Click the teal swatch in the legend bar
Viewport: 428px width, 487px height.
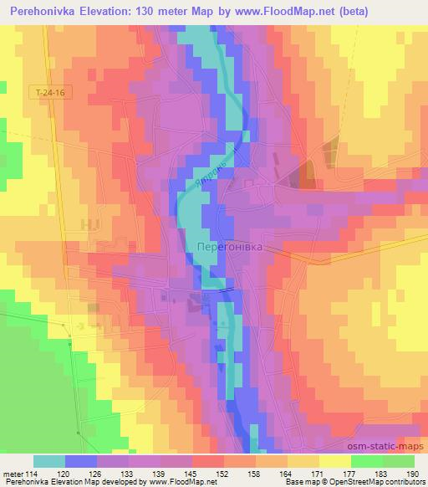[49, 461]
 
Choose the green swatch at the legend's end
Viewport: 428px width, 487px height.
[398, 461]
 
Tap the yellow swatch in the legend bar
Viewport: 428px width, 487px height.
[334, 461]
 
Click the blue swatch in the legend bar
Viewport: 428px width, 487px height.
[81, 461]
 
